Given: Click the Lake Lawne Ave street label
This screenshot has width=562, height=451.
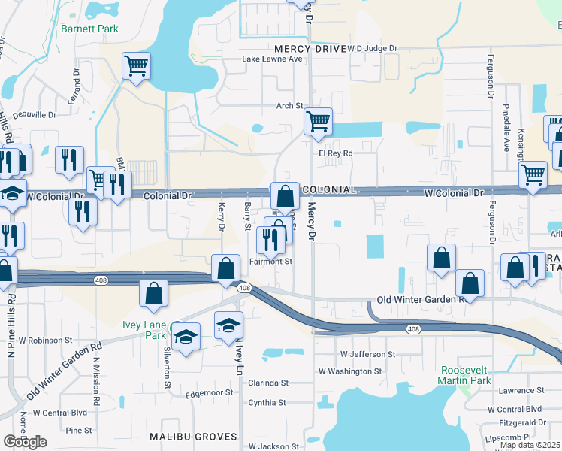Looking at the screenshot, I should (x=271, y=59).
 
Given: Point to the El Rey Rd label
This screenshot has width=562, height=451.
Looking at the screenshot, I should (x=335, y=153).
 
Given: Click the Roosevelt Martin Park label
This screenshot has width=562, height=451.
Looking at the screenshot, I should (x=465, y=376).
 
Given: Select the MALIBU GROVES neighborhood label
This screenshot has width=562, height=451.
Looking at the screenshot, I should (x=193, y=437).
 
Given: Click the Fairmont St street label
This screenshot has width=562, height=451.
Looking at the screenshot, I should (x=270, y=262).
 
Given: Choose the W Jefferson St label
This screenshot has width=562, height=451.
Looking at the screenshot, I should (x=367, y=353).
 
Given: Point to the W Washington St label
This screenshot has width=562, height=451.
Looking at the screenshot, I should (x=350, y=371).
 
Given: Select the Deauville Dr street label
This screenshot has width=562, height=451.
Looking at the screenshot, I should (x=32, y=115).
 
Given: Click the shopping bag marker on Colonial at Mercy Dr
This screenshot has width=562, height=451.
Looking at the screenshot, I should (x=285, y=197).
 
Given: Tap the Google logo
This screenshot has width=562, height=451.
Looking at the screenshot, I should (x=25, y=442).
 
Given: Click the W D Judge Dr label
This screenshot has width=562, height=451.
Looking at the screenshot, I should (x=372, y=48).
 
